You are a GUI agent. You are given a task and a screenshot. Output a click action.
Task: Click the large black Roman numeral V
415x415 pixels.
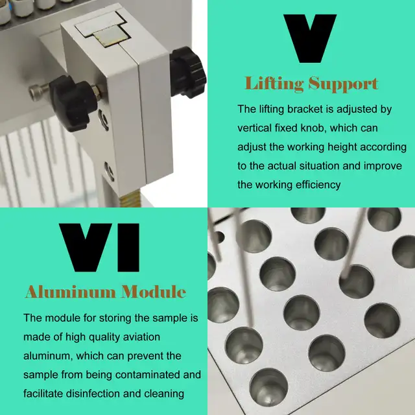310,38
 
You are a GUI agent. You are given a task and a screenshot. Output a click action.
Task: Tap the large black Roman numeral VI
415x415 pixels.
99,248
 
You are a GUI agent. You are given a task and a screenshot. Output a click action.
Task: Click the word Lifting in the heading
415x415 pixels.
274,84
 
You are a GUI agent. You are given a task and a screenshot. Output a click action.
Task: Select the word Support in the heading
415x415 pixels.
343,84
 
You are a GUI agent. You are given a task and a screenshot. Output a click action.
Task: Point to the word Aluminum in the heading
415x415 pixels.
71,292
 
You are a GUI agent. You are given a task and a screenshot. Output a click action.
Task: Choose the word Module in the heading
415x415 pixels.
154,292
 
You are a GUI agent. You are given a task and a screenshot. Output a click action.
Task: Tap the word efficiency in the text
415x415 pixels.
318,185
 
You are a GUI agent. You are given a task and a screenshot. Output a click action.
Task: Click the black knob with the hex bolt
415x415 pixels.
72,103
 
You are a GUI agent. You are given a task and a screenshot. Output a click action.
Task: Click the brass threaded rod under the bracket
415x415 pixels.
130,200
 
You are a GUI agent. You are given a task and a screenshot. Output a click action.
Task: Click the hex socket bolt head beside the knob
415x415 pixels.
36,92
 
